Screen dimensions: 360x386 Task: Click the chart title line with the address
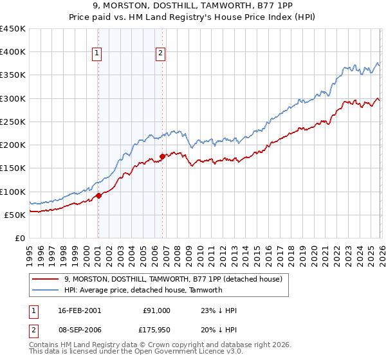point(193,6)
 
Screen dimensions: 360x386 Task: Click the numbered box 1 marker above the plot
point(97,54)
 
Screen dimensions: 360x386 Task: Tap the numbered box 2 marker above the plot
point(160,54)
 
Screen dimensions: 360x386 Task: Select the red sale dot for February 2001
point(98,195)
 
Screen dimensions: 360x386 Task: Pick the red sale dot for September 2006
point(162,156)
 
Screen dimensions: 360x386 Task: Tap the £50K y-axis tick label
point(15,215)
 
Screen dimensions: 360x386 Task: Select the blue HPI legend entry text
point(143,290)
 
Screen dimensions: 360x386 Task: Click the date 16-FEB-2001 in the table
point(78,310)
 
